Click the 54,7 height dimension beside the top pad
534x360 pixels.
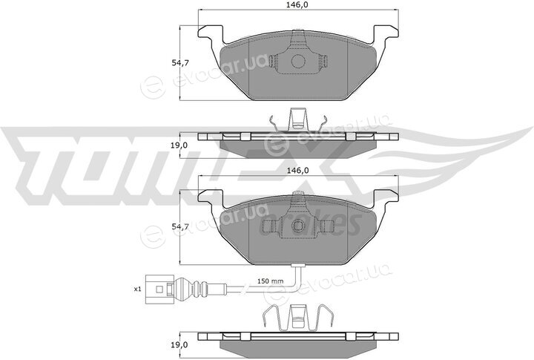[x=180, y=63]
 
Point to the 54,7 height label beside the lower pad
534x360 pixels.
[x=180, y=226]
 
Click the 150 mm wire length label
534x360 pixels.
[x=271, y=281]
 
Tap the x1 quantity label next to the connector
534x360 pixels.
[x=137, y=289]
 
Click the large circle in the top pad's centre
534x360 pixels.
[x=298, y=61]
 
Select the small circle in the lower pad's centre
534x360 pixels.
[x=298, y=226]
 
